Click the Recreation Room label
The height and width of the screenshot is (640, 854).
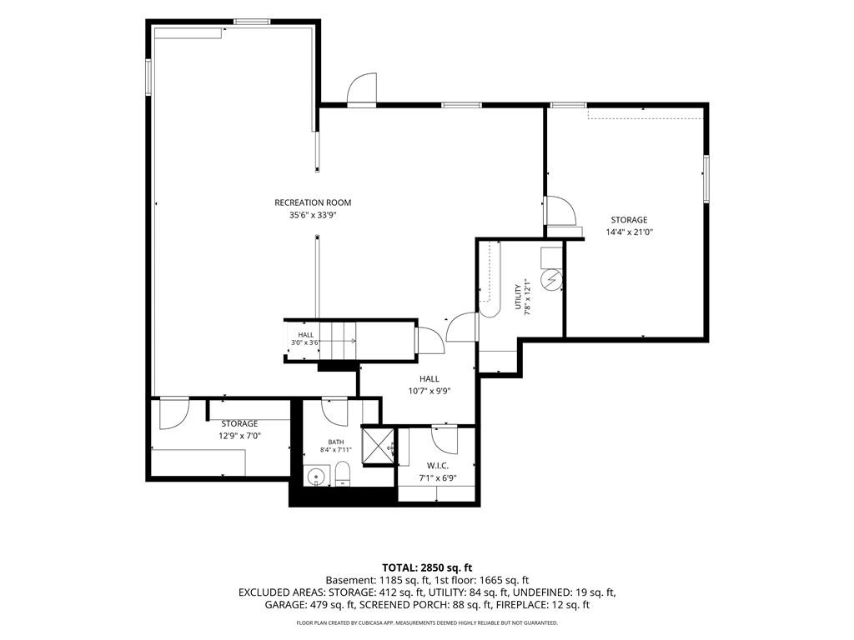click(313, 202)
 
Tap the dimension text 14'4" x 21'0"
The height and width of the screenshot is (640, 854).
click(629, 232)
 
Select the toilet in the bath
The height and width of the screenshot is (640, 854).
click(342, 473)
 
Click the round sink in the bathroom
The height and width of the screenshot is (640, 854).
click(316, 476)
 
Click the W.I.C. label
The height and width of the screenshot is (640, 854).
click(437, 466)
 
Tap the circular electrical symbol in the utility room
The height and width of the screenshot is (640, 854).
click(550, 280)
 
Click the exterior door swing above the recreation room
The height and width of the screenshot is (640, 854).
click(362, 88)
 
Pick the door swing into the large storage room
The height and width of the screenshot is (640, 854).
click(560, 211)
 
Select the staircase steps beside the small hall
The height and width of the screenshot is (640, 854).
click(337, 341)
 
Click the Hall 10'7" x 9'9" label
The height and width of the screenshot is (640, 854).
click(430, 385)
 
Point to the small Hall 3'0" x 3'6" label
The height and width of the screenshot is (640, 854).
click(305, 338)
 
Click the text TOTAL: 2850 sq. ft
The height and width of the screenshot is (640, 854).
click(427, 568)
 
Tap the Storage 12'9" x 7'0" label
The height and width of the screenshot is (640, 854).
click(239, 429)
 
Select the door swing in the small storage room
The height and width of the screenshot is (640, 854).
click(174, 413)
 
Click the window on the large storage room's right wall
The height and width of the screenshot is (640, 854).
click(706, 179)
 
